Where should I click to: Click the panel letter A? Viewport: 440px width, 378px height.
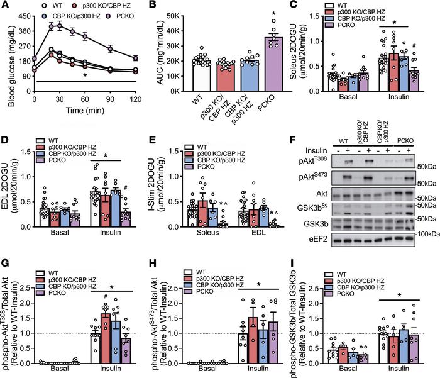pyautogui.click(x=4, y=5)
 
